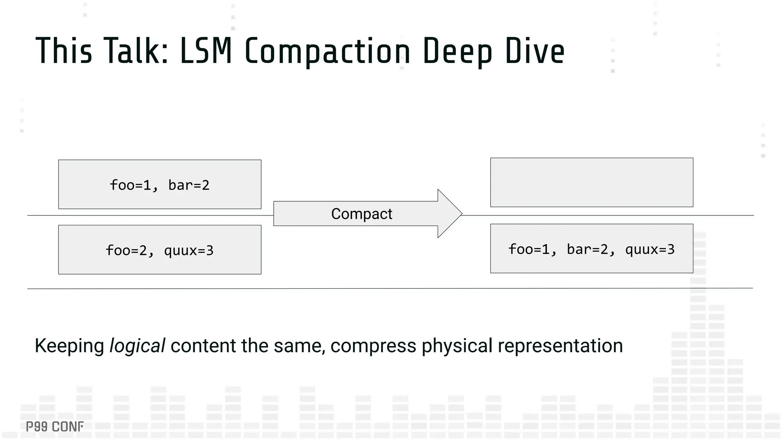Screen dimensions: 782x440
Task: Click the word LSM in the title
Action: [x=206, y=51]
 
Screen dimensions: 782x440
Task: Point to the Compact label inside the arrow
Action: [x=361, y=214]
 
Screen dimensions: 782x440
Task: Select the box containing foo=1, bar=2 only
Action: [x=160, y=184]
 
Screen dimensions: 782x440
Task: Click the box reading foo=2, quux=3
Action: [x=160, y=250]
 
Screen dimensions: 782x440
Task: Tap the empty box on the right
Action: [x=591, y=183]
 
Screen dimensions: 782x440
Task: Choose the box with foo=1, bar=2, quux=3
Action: [x=591, y=249]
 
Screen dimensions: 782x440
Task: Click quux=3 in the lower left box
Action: [x=189, y=251]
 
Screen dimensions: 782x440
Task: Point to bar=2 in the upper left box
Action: [x=189, y=185]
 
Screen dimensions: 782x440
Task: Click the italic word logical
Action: [x=137, y=346]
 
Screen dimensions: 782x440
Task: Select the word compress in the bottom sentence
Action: [x=373, y=346]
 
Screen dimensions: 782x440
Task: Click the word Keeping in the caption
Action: [x=69, y=346]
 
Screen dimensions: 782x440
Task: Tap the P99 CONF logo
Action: [x=55, y=427]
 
